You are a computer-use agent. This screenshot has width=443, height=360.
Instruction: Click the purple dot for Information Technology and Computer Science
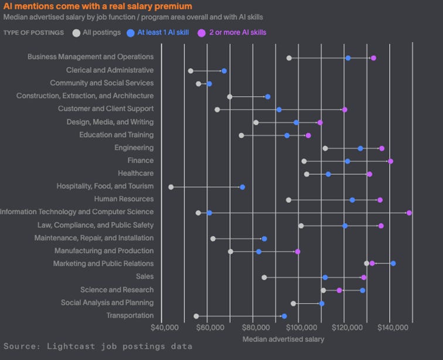(409, 212)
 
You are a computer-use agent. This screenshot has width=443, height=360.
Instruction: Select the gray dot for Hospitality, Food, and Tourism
(171, 187)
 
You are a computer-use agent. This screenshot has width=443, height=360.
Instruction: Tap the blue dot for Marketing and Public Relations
(393, 263)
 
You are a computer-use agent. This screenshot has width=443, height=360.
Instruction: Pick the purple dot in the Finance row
(391, 161)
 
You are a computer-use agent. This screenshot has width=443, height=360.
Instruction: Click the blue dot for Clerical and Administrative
(224, 71)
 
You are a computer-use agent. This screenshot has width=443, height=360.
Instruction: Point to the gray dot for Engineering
(325, 148)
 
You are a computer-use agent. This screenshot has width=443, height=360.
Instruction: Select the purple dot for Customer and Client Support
(345, 109)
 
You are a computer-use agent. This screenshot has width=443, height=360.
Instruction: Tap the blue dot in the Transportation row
(284, 316)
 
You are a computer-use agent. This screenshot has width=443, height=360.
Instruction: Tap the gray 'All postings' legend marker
(76, 32)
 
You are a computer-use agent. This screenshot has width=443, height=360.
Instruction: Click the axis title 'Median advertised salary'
(283, 339)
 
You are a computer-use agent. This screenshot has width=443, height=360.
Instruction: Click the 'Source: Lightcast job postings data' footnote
(98, 347)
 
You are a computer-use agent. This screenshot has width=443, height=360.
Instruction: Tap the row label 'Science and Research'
(117, 290)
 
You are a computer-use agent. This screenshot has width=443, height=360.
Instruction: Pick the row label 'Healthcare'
(135, 174)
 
